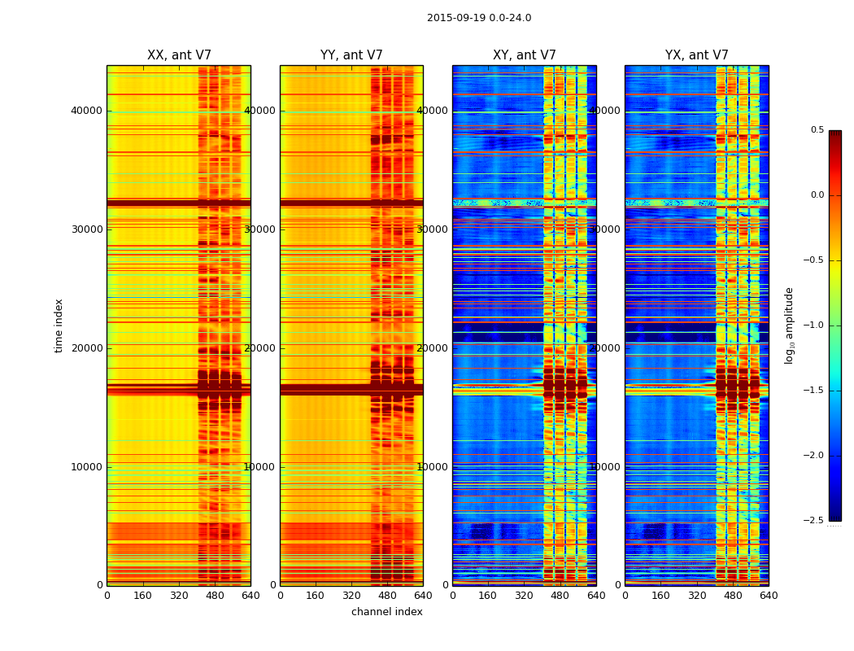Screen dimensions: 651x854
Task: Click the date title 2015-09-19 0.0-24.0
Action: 479,18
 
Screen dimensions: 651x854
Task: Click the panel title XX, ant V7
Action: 179,55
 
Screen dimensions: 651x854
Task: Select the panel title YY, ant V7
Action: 351,55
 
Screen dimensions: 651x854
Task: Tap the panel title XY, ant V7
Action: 525,55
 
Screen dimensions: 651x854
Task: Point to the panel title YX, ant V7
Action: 697,55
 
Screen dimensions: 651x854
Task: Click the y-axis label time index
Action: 59,325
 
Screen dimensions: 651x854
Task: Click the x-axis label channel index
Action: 387,612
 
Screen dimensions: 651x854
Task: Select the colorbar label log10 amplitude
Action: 789,325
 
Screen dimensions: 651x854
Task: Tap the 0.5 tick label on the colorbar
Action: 817,130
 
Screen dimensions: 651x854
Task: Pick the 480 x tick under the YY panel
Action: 387,596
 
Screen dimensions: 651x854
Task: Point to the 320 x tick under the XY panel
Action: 525,596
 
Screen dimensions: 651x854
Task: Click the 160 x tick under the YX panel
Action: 661,596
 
